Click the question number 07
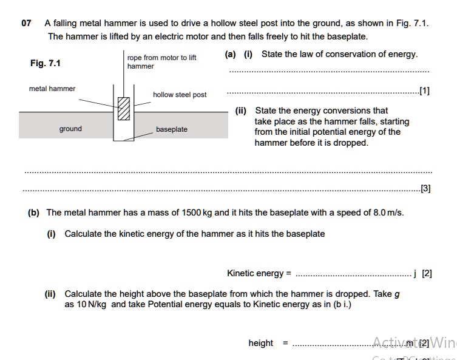26,24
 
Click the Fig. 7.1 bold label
46,63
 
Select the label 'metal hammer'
52,89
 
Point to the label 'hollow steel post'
180,95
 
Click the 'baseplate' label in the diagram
172,129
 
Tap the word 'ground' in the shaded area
70,129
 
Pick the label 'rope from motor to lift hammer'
161,61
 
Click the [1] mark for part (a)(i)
424,92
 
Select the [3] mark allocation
425,188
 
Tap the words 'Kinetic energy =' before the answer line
259,273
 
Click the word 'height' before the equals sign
260,343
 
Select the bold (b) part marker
33,212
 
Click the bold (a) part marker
230,54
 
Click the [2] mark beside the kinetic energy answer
427,273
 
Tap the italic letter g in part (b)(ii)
397,294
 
